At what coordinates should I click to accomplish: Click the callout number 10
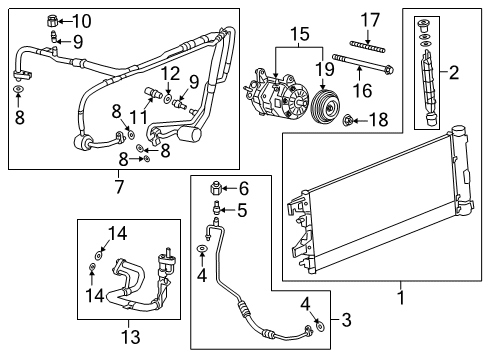coord(81,20)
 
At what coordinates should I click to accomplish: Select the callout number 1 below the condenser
coord(401,297)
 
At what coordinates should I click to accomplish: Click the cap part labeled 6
coord(215,187)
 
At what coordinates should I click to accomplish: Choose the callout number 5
coord(241,209)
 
